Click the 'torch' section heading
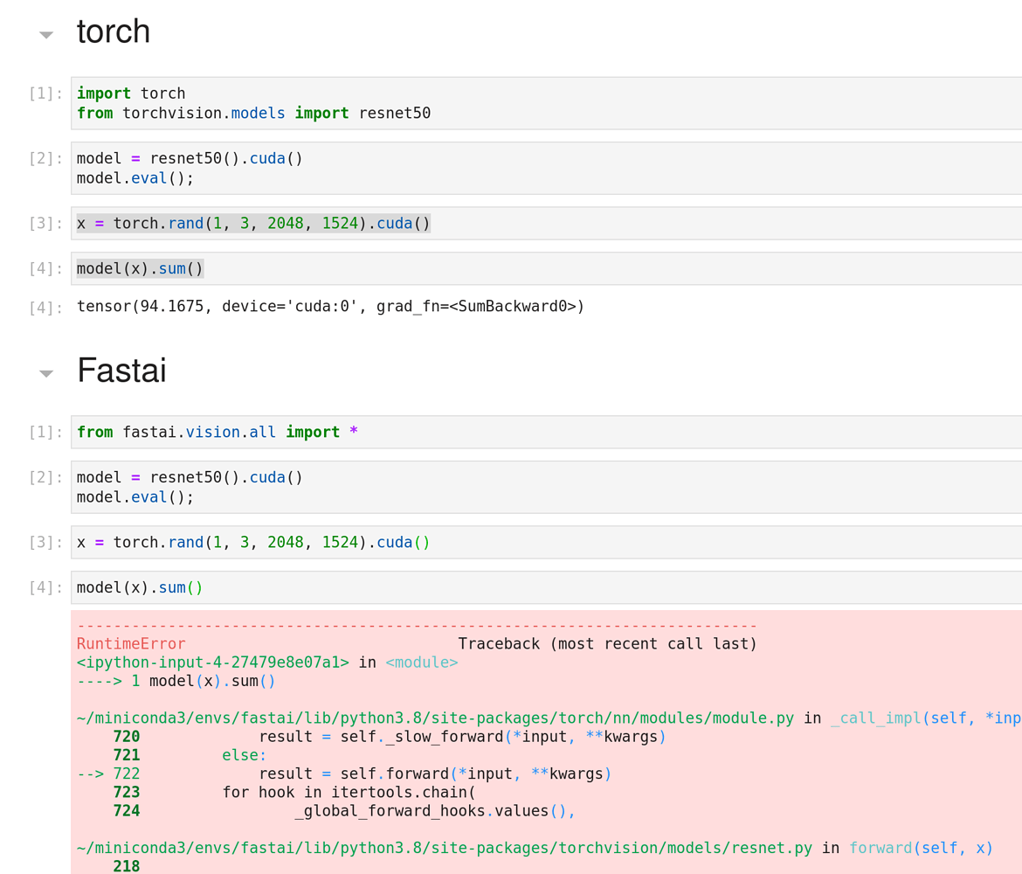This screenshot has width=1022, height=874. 114,32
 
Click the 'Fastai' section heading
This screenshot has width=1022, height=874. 121,371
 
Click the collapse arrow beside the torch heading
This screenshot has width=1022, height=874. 46,35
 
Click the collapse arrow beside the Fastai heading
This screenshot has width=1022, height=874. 46,373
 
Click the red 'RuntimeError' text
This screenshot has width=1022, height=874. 131,644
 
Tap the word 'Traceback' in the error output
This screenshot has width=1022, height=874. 500,644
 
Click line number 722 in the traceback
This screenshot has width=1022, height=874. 127,774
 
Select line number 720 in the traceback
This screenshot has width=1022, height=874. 127,737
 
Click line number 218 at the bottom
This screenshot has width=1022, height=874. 127,866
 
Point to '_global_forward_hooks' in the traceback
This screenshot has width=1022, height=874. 390,811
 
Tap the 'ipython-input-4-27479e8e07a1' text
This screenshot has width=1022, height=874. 213,662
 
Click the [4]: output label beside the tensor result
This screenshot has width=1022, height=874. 45,308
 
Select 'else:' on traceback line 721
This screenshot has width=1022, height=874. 244,755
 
